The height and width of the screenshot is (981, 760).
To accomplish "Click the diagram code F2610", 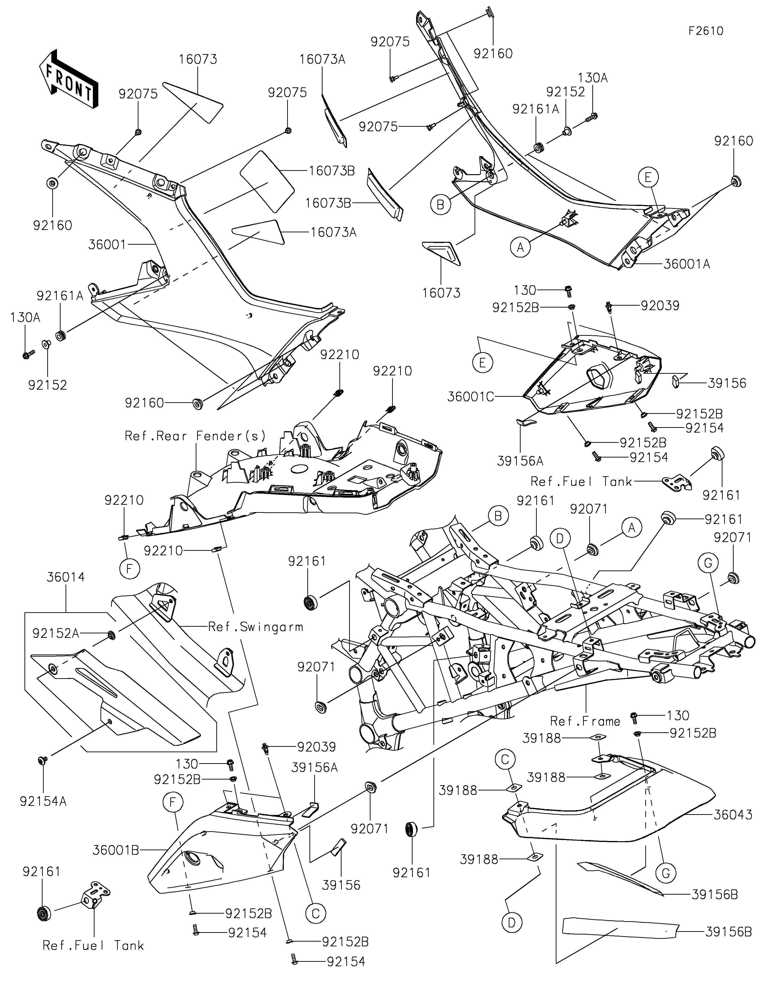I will (706, 31).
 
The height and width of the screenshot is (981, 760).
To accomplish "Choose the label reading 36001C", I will (470, 397).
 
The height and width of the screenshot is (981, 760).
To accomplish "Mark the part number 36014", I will (66, 577).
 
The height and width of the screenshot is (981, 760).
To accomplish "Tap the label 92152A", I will (56, 633).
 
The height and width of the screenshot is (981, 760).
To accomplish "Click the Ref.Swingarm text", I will (255, 627).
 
